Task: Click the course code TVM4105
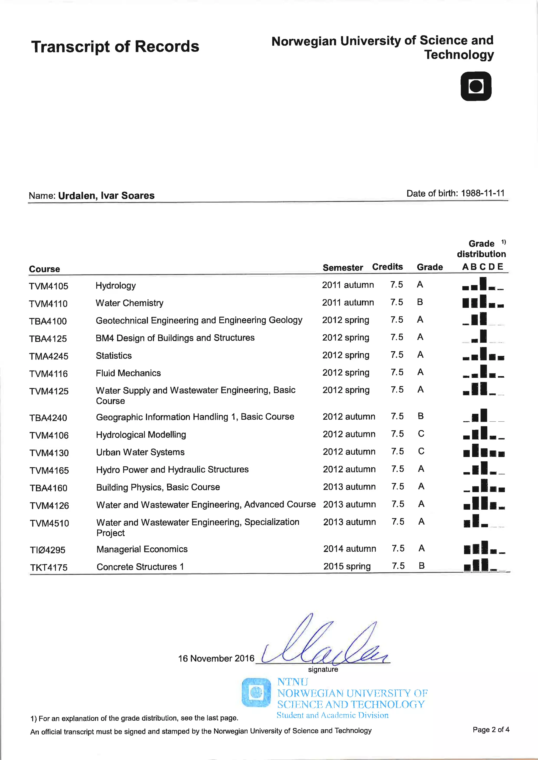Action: [48, 286]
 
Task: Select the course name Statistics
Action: [114, 356]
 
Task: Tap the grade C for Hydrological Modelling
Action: [421, 434]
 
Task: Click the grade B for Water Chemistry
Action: [420, 302]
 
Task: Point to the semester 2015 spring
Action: [347, 566]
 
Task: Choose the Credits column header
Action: [387, 267]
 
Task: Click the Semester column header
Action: [343, 267]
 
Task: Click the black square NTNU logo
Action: [476, 86]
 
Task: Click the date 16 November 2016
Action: [216, 658]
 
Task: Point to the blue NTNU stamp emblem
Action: [256, 693]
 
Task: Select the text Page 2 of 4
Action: [491, 730]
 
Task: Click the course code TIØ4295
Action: [48, 550]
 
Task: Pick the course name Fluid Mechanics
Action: [128, 373]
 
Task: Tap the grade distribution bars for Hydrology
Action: [483, 284]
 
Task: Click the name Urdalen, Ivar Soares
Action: [106, 196]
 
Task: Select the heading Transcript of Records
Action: [115, 46]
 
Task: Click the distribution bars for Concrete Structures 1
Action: [484, 565]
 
